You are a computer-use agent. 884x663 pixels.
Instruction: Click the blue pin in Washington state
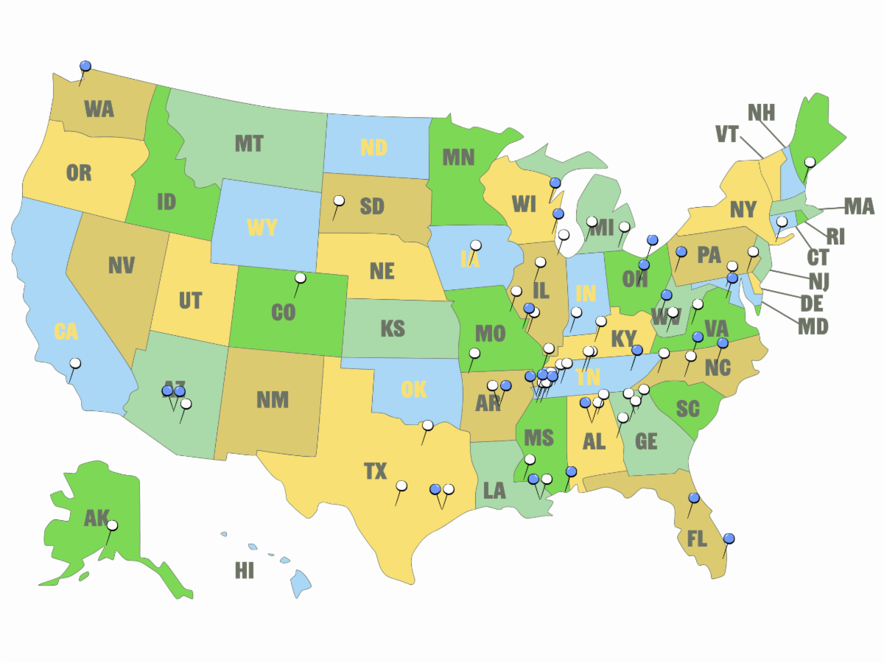click(x=85, y=66)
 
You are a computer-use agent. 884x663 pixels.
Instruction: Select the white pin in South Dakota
click(x=339, y=200)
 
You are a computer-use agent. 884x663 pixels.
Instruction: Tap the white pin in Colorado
click(x=300, y=278)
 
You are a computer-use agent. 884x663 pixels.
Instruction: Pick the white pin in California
click(x=75, y=363)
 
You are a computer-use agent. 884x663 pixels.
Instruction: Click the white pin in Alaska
click(x=112, y=526)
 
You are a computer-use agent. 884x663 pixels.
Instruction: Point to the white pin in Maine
click(x=810, y=162)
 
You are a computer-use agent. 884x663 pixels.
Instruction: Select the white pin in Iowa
click(x=476, y=245)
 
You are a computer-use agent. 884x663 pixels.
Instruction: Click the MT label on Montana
click(x=249, y=144)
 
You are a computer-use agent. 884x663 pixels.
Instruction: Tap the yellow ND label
click(x=373, y=147)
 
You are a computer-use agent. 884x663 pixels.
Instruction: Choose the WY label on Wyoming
click(x=262, y=227)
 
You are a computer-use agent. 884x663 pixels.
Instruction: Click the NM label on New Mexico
click(x=273, y=400)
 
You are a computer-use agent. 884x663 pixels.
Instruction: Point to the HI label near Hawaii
click(x=244, y=571)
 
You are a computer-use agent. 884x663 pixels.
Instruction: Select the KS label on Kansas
click(x=393, y=329)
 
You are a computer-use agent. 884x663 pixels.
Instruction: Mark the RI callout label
click(x=835, y=237)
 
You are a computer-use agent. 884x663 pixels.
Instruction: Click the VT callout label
click(x=727, y=134)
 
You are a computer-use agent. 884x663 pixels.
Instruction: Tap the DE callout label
click(x=812, y=303)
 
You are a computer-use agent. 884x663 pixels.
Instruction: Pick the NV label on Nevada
click(x=121, y=265)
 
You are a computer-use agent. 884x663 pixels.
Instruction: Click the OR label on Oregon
click(x=79, y=173)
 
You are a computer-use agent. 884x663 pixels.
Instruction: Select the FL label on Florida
click(x=696, y=539)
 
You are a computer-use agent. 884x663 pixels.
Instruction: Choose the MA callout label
click(x=858, y=206)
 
